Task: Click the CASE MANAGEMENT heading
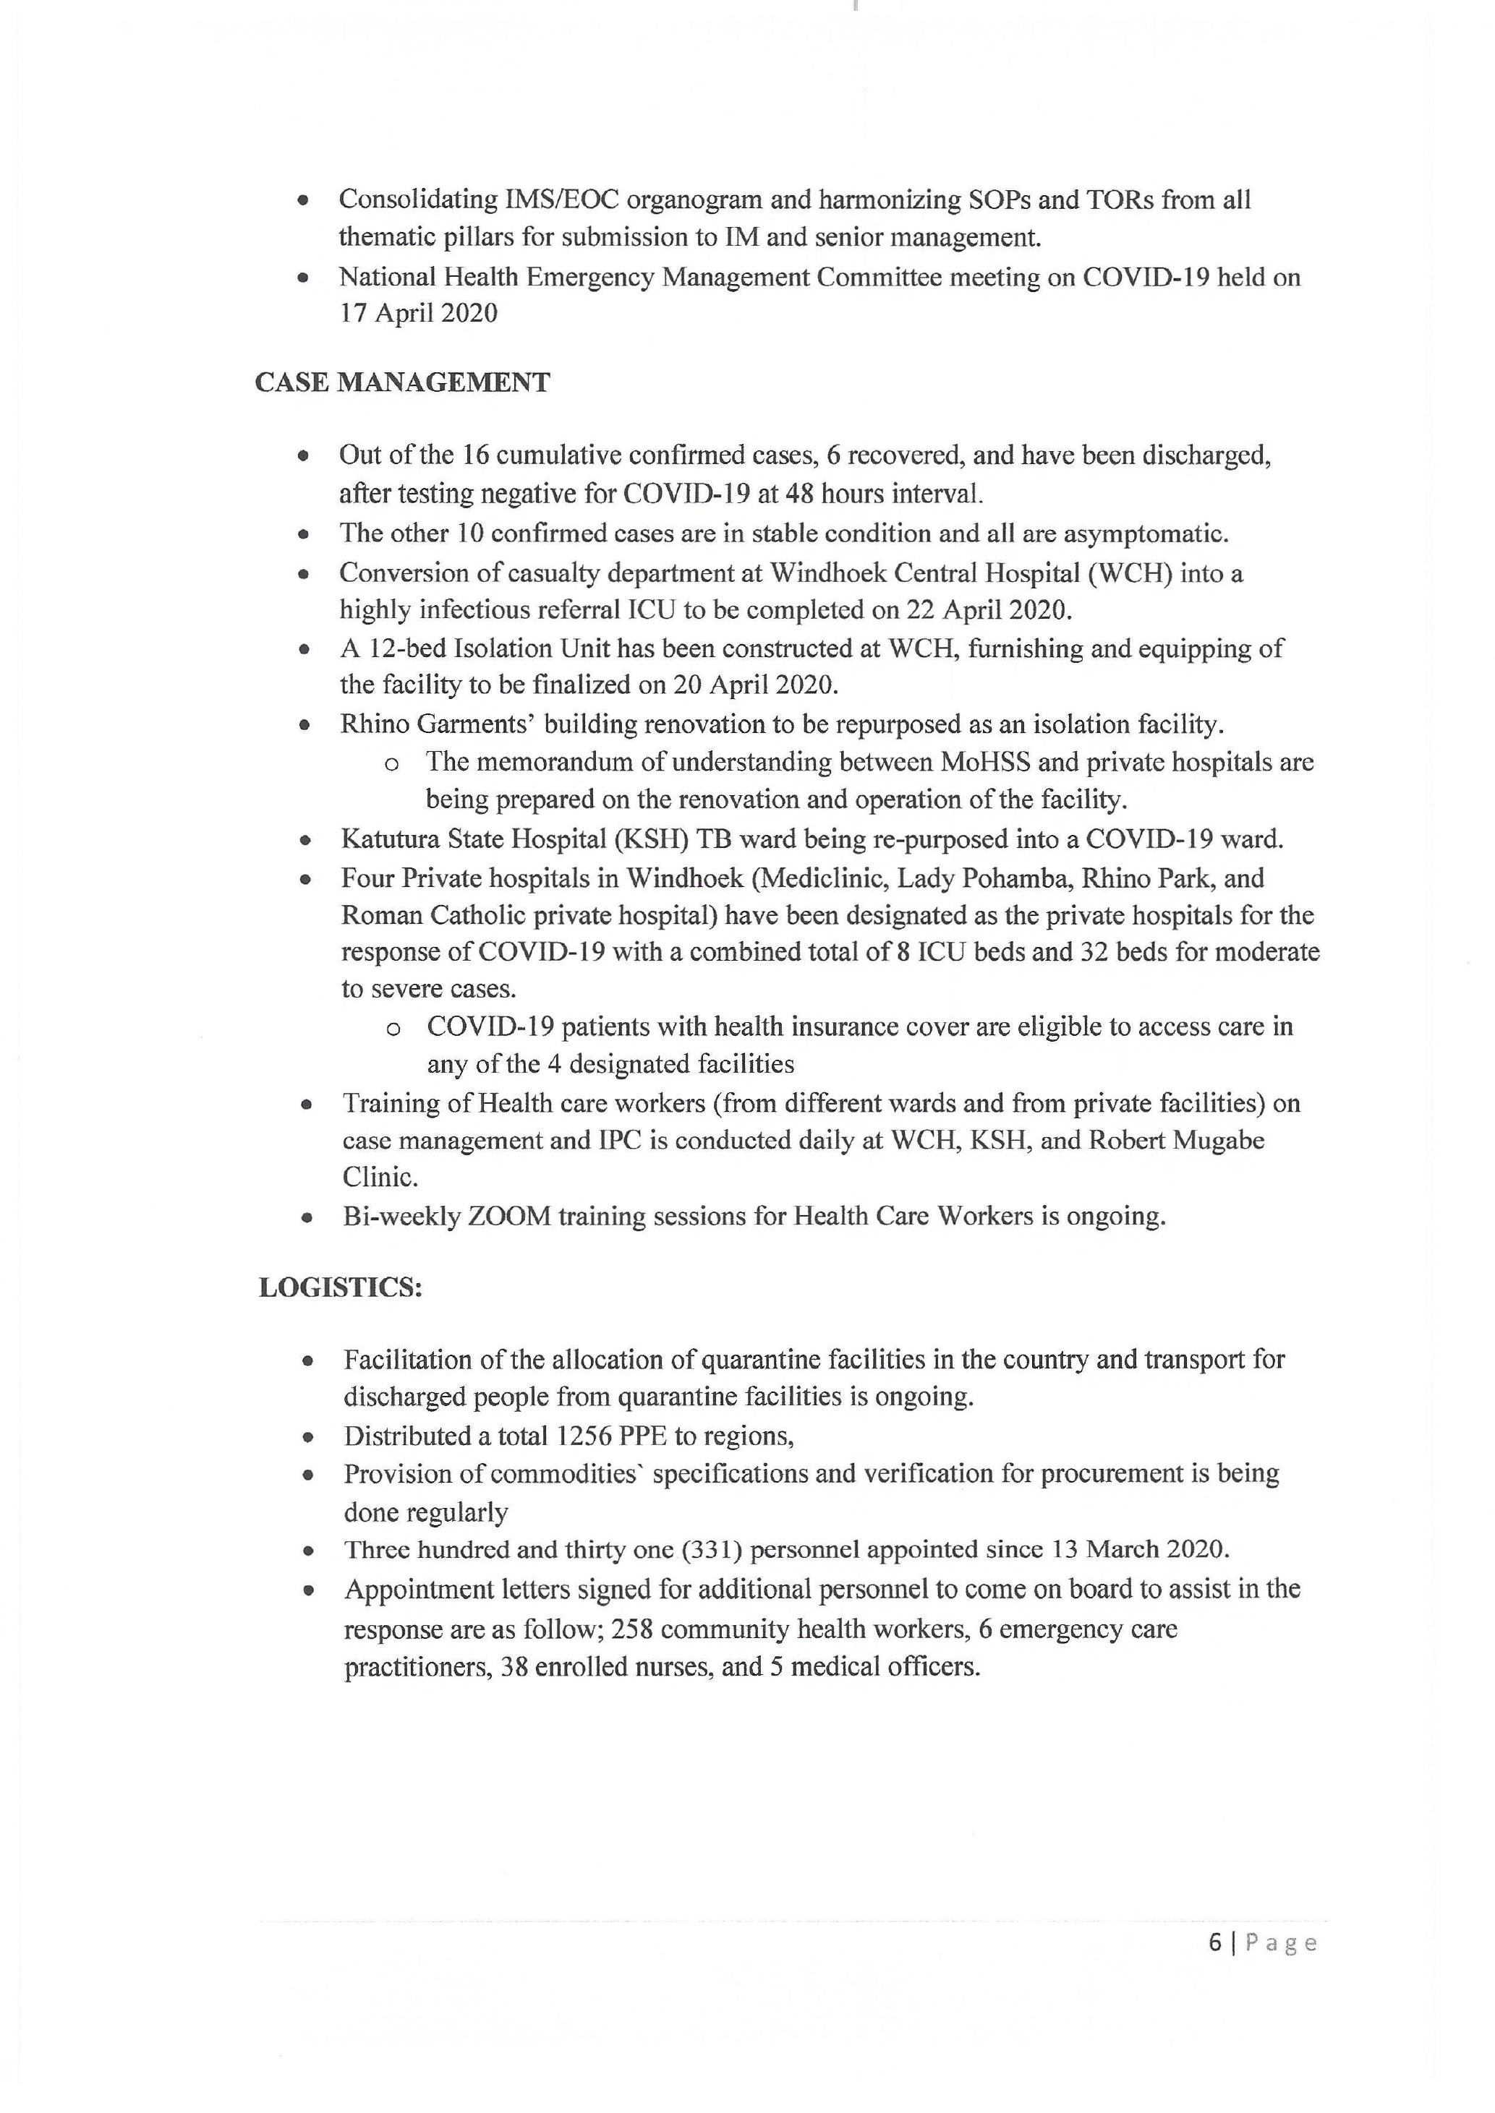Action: point(402,383)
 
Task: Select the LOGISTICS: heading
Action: point(341,1287)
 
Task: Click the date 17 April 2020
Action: point(419,314)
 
